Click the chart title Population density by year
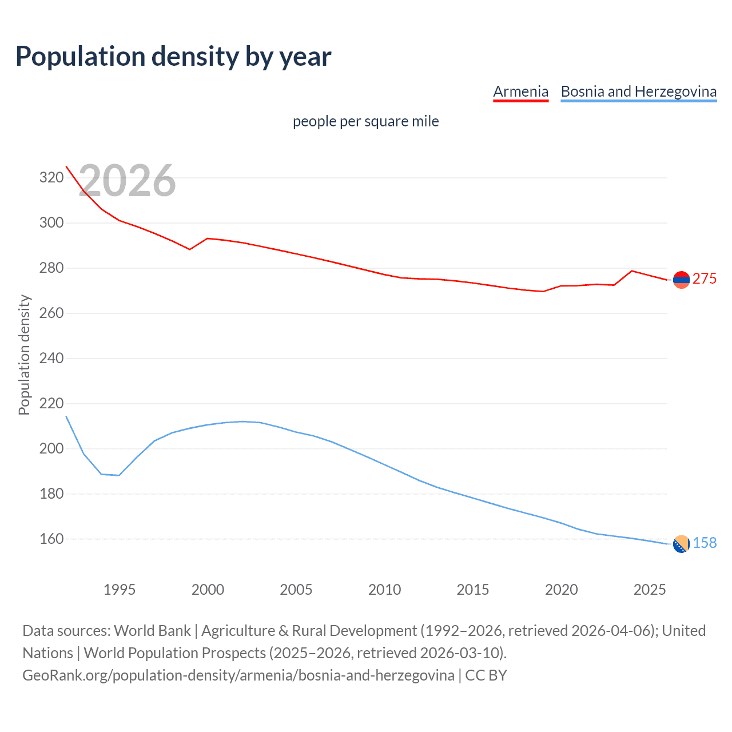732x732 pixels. (173, 57)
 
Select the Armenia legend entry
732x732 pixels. (520, 91)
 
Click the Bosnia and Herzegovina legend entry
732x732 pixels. (638, 91)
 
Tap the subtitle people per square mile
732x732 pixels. (365, 121)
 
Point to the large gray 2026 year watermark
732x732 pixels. (127, 181)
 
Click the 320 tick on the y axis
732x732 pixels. (51, 177)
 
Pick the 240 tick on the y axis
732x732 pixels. (51, 359)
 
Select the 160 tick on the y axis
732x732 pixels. (51, 539)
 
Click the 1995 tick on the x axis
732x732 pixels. (119, 590)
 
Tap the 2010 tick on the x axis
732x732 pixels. (384, 590)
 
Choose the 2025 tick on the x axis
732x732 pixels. (650, 590)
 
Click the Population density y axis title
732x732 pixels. (24, 355)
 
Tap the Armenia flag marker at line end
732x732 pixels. (681, 280)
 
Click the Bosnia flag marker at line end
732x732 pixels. (681, 544)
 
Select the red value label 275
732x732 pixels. (705, 279)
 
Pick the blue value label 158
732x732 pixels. (705, 543)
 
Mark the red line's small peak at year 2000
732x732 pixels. (207, 238)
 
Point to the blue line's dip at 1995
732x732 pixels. (119, 475)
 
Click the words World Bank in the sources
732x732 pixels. (152, 631)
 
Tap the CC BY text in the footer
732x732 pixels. (486, 675)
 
